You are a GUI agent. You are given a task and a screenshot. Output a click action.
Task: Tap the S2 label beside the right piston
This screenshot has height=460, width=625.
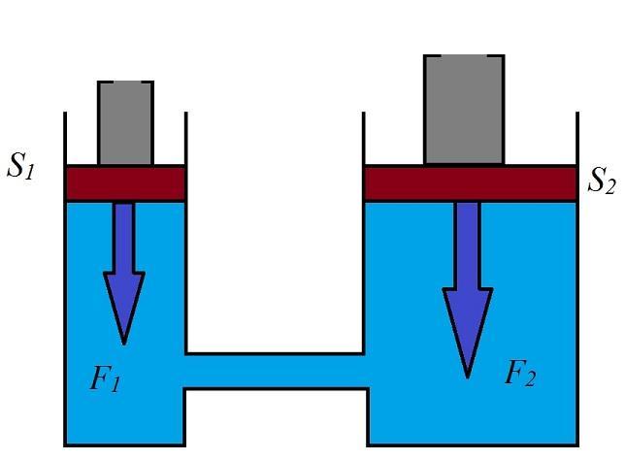pos(602,181)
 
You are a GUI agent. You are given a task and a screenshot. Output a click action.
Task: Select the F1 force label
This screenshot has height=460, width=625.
pos(106,378)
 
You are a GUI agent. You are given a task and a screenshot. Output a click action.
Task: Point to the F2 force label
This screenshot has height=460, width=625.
pos(520,374)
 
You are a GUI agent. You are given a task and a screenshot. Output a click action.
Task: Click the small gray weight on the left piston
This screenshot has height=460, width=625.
pos(125,123)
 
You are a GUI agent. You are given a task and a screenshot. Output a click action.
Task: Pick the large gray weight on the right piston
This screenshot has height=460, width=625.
pos(464,110)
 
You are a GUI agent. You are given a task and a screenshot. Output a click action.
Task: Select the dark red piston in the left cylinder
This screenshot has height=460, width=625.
pos(125,182)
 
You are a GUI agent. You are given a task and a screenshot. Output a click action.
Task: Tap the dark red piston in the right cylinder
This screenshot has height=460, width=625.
pos(470,182)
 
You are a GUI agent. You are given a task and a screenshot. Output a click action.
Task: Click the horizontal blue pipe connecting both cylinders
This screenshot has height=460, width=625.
pos(276,371)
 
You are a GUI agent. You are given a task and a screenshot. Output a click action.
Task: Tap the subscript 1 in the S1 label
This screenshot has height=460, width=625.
pos(30,173)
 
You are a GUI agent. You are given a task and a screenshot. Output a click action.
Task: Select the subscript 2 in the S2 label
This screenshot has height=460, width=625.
pos(610,186)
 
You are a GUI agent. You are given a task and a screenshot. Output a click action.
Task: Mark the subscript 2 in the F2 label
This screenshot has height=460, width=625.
pos(530,379)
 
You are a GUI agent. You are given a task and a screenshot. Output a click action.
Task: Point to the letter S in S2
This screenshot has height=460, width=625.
pos(596,179)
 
